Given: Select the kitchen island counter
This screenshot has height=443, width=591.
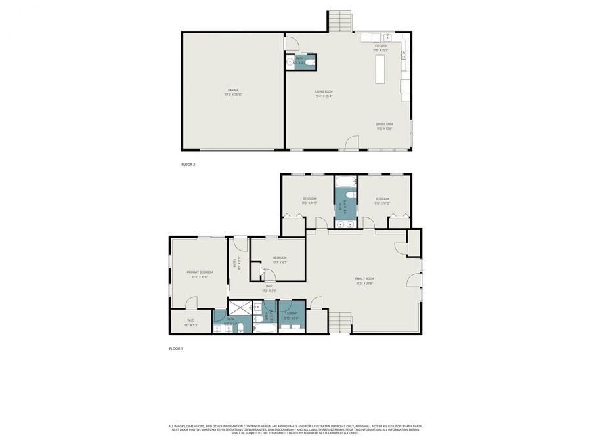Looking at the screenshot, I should tap(380, 69).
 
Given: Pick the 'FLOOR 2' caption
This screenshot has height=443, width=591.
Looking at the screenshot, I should tap(188, 165).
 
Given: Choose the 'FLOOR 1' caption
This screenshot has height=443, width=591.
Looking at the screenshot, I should tap(176, 348).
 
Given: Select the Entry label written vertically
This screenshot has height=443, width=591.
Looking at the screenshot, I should tap(234, 264).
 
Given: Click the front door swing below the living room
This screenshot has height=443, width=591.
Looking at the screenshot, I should tap(353, 142).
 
